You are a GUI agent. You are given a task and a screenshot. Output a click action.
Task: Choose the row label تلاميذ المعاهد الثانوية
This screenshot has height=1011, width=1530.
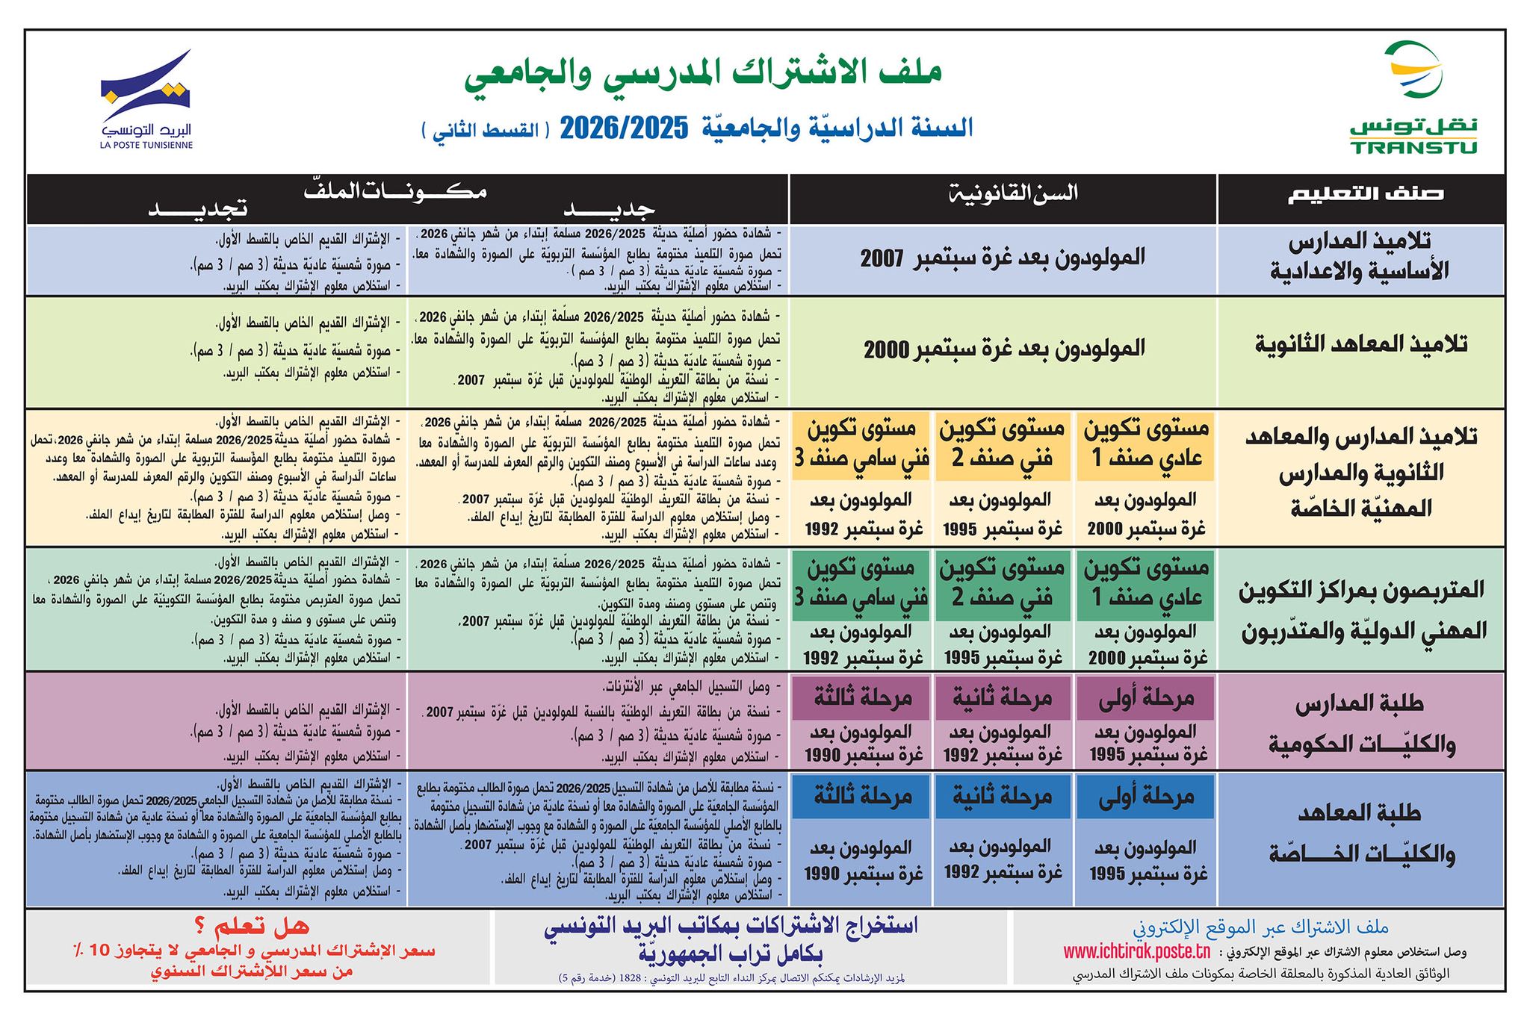[x=1360, y=344]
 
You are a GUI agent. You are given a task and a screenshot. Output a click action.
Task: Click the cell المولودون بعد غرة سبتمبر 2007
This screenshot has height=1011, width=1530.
[x=1003, y=259]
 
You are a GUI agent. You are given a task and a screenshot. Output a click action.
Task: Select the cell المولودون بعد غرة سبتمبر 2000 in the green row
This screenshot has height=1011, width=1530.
[x=1004, y=349]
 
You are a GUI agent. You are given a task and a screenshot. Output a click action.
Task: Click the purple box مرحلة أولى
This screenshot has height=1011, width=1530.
[x=1146, y=698]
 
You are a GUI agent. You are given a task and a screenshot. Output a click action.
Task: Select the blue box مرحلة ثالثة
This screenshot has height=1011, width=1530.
[x=861, y=797]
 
